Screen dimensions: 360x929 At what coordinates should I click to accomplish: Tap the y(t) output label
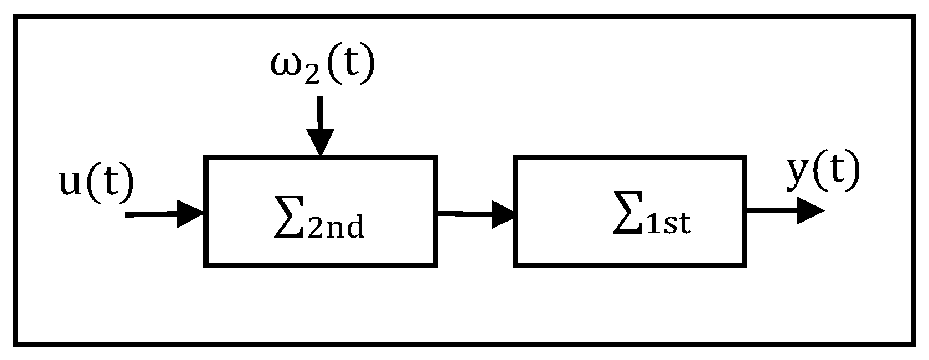point(823,174)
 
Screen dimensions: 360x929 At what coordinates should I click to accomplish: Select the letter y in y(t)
point(797,176)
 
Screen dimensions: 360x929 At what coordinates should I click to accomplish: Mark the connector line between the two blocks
point(465,213)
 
